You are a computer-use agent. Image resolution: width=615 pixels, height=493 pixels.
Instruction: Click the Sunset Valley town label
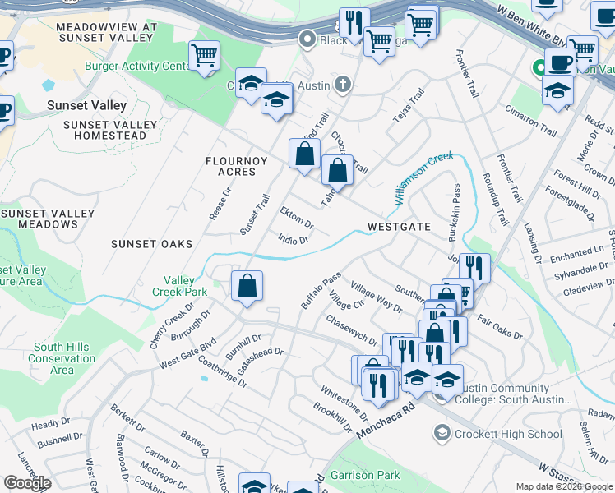tap(86, 105)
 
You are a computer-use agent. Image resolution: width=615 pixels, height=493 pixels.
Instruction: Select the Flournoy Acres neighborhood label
tap(243, 166)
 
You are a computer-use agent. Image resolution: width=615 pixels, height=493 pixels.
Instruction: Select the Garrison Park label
tap(365, 475)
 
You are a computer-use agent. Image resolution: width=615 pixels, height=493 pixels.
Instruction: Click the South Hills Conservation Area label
tap(62, 358)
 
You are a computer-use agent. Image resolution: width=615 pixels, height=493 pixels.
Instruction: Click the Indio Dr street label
tap(293, 241)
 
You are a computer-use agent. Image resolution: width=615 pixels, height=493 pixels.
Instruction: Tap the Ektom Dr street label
tap(297, 219)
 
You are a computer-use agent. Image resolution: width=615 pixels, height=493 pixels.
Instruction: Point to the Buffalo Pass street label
tap(320, 291)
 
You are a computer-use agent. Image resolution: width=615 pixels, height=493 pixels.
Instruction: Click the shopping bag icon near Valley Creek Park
tap(247, 287)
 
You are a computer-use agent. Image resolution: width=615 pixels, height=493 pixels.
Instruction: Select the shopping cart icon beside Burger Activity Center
tap(204, 57)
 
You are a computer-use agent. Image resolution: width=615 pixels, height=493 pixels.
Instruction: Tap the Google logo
tap(27, 483)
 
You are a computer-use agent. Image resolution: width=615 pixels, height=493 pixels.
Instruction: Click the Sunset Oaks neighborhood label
tap(152, 244)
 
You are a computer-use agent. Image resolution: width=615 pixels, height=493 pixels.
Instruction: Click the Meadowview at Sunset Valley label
tap(106, 33)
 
